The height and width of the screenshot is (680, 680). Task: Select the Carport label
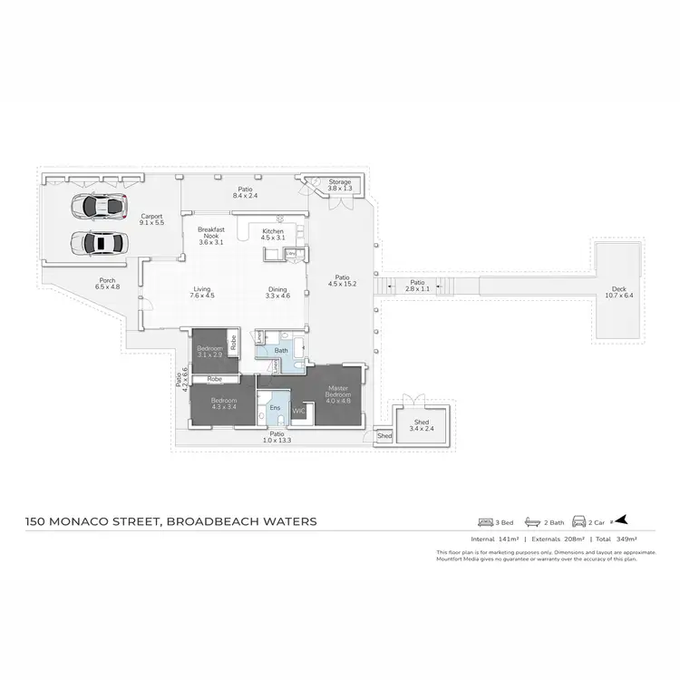pos(151,219)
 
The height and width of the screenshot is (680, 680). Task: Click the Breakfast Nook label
pos(210,235)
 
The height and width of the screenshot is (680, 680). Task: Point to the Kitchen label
pos(273,235)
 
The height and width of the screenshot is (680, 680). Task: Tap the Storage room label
pos(339,186)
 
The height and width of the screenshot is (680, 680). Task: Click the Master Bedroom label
pos(337,393)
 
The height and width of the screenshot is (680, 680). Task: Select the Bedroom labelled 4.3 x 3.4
pos(223,403)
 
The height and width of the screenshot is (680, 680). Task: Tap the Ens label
pos(275,409)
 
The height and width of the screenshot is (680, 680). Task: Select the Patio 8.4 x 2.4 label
pos(246,192)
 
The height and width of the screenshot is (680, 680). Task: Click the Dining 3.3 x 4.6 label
pos(277,293)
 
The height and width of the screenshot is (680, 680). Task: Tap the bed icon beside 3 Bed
pos(483,522)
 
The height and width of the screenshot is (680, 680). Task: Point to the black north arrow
pos(621,521)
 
